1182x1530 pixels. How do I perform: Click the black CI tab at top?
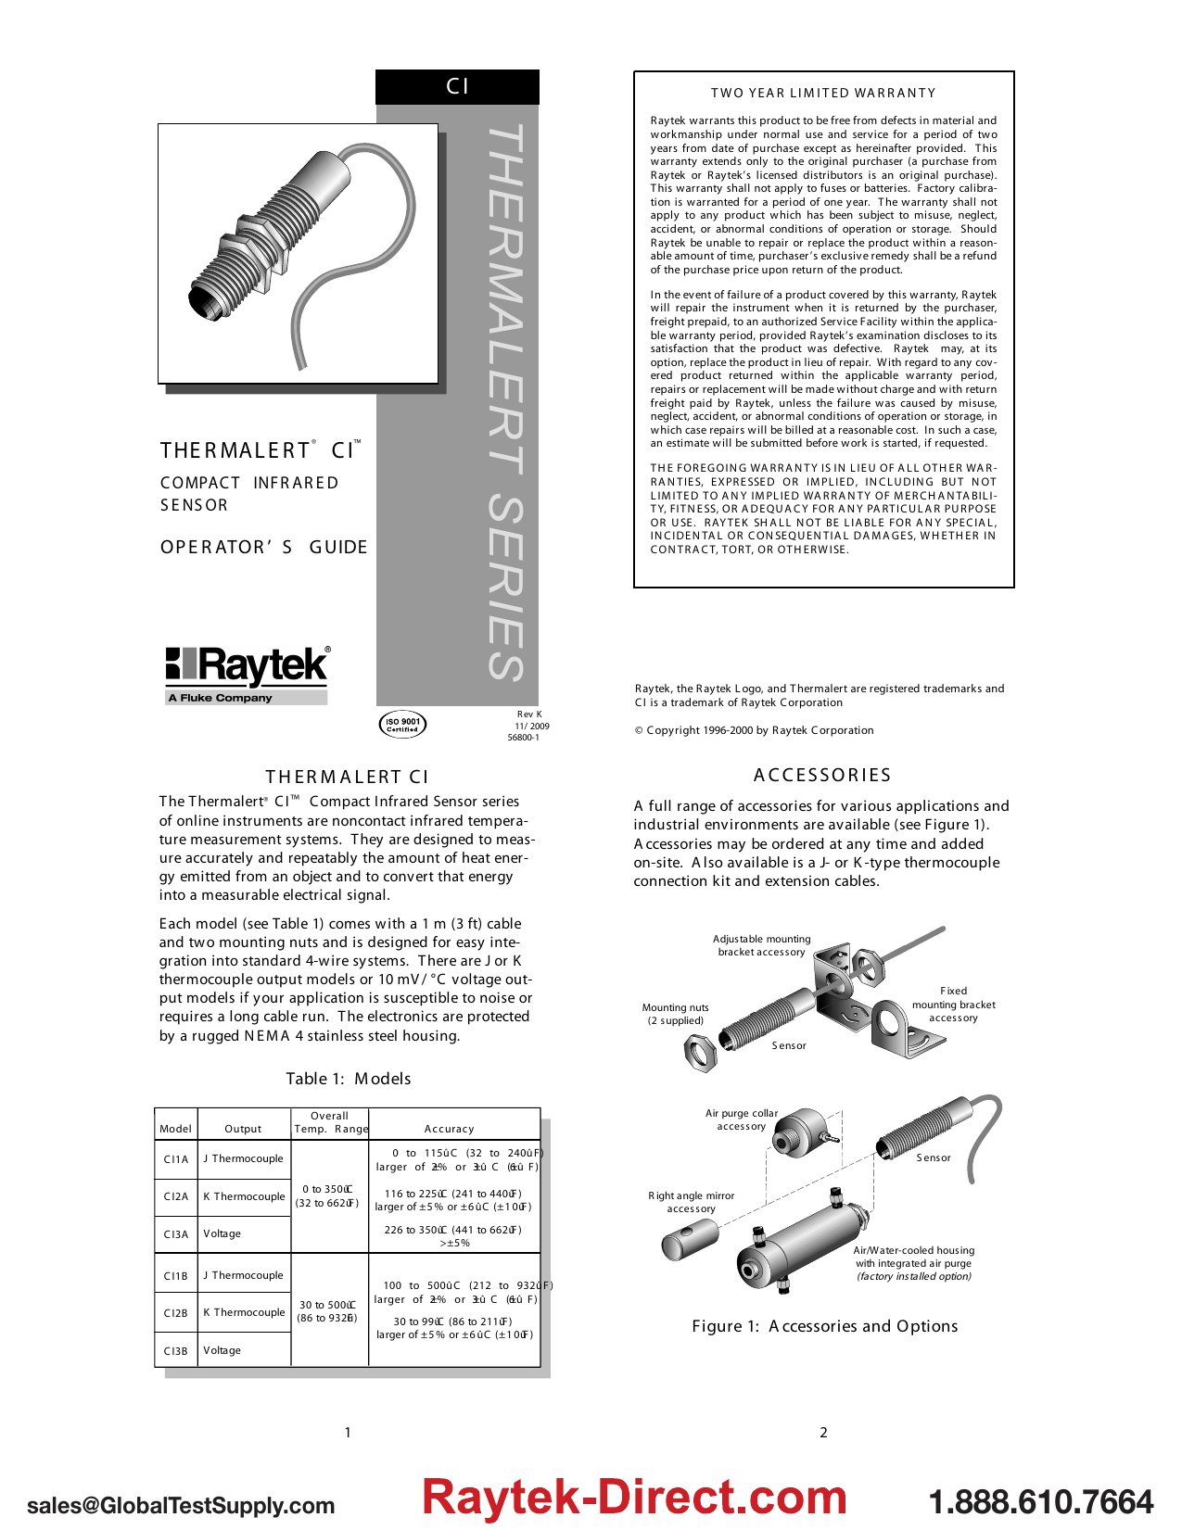coord(457,87)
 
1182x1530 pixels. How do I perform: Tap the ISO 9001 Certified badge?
coord(402,725)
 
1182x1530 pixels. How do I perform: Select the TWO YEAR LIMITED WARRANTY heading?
coord(823,94)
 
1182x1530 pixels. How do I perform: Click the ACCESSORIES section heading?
coord(822,776)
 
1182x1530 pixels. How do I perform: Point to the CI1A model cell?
coord(176,1159)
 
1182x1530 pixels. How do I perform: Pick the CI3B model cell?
coord(176,1351)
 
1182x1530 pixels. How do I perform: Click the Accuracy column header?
coord(449,1129)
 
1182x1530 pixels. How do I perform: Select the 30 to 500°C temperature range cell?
coord(329,1310)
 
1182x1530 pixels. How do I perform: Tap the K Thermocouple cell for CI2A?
coord(244,1196)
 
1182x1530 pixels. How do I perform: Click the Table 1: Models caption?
coord(348,1079)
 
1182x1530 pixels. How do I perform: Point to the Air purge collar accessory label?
coord(742,1119)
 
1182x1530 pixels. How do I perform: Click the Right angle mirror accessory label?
coord(692,1202)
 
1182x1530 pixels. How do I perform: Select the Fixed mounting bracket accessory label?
coord(953,1005)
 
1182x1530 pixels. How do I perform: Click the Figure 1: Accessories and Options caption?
coord(824,1326)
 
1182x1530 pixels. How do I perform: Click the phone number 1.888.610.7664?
coord(1040,1502)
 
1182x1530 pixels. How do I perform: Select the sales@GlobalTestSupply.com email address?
coord(181,1506)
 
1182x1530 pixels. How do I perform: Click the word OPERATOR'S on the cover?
coord(227,548)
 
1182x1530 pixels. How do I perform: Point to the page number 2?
coord(823,1433)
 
